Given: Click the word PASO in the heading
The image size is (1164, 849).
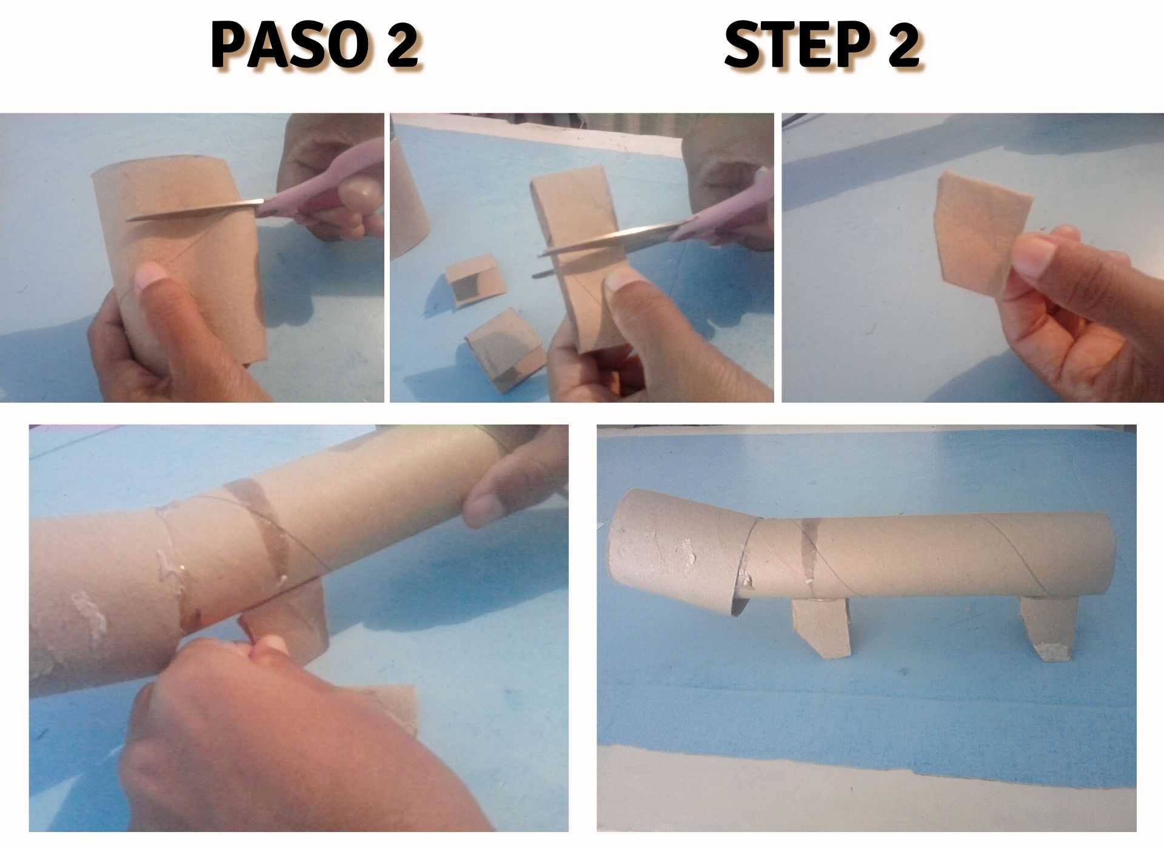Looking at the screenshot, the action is coord(289,46).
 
